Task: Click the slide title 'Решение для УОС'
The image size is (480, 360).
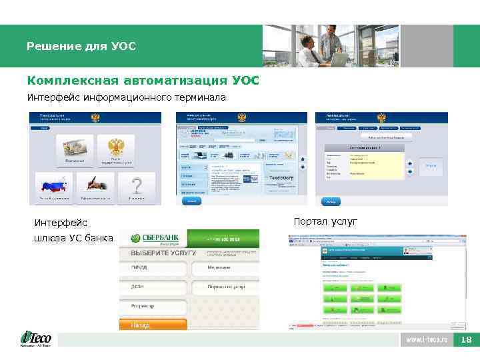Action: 81,47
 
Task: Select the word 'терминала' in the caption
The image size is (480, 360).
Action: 201,98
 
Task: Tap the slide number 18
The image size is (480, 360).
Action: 466,340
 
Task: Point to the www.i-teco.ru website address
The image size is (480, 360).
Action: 427,340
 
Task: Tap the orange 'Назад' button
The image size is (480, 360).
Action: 153,325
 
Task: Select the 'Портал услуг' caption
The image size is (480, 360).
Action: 325,221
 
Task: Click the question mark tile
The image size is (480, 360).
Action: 137,187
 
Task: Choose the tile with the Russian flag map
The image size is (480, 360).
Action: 56,188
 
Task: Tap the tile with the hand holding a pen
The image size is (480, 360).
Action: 96,187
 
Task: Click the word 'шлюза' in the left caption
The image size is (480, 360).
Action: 49,238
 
